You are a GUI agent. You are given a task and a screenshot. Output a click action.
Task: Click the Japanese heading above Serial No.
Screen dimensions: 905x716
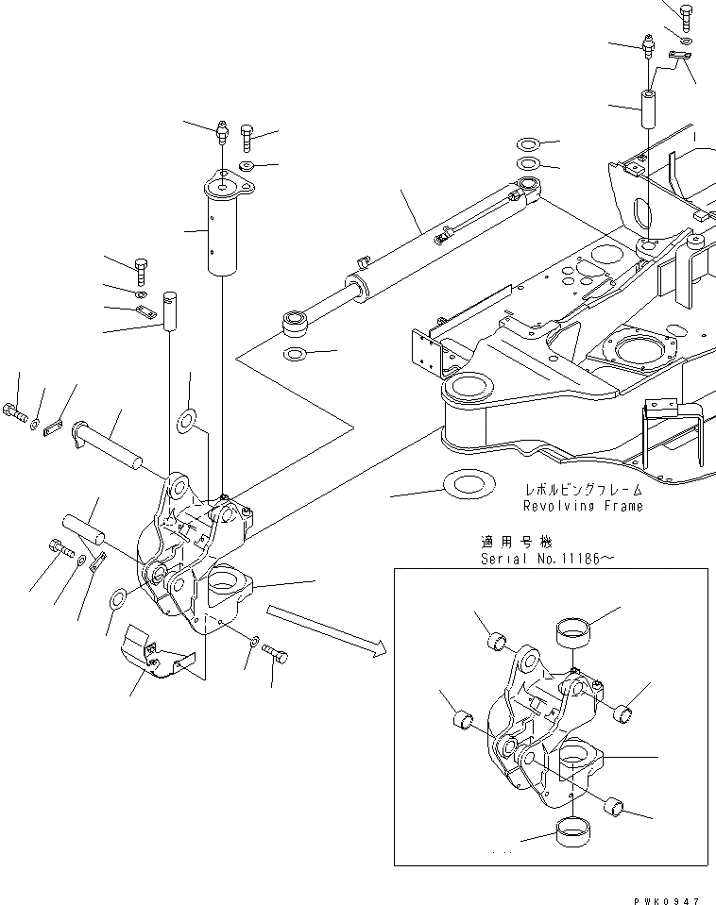tap(517, 543)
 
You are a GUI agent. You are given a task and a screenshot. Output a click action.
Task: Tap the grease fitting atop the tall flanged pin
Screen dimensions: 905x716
tap(222, 131)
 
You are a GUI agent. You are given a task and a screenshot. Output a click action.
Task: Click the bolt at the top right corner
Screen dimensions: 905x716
tap(685, 15)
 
